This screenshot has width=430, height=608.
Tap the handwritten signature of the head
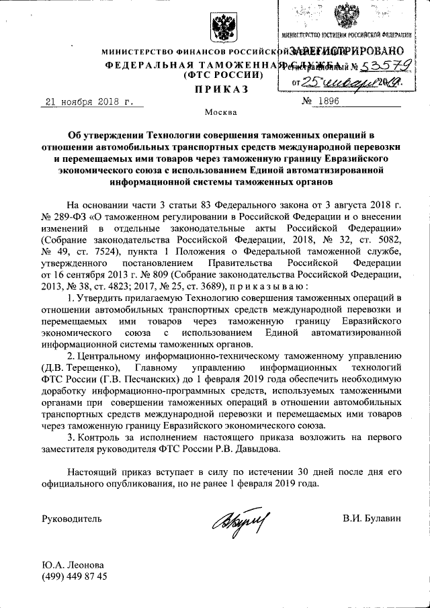(x=240, y=519)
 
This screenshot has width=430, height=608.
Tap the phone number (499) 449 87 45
(x=74, y=577)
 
